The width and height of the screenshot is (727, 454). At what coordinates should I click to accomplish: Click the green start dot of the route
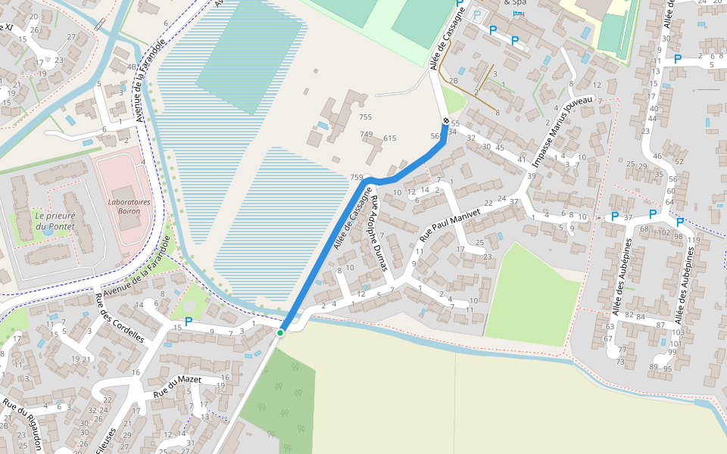[x=280, y=332]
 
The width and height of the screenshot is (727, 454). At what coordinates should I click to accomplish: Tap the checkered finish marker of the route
[x=445, y=121]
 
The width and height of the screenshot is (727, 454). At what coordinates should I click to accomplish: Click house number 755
[x=366, y=117]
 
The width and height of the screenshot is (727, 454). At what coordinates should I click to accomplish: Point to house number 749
[x=367, y=135]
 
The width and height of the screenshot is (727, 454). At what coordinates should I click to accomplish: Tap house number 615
[x=390, y=138]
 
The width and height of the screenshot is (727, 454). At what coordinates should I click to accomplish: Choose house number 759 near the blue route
[x=357, y=177]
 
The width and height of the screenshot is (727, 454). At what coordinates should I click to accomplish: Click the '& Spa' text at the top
[x=518, y=3]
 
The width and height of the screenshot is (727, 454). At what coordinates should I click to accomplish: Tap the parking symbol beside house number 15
[x=189, y=322]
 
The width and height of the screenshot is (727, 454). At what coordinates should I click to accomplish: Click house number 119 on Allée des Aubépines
[x=693, y=240]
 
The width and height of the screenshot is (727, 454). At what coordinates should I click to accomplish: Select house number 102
[x=663, y=233]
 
